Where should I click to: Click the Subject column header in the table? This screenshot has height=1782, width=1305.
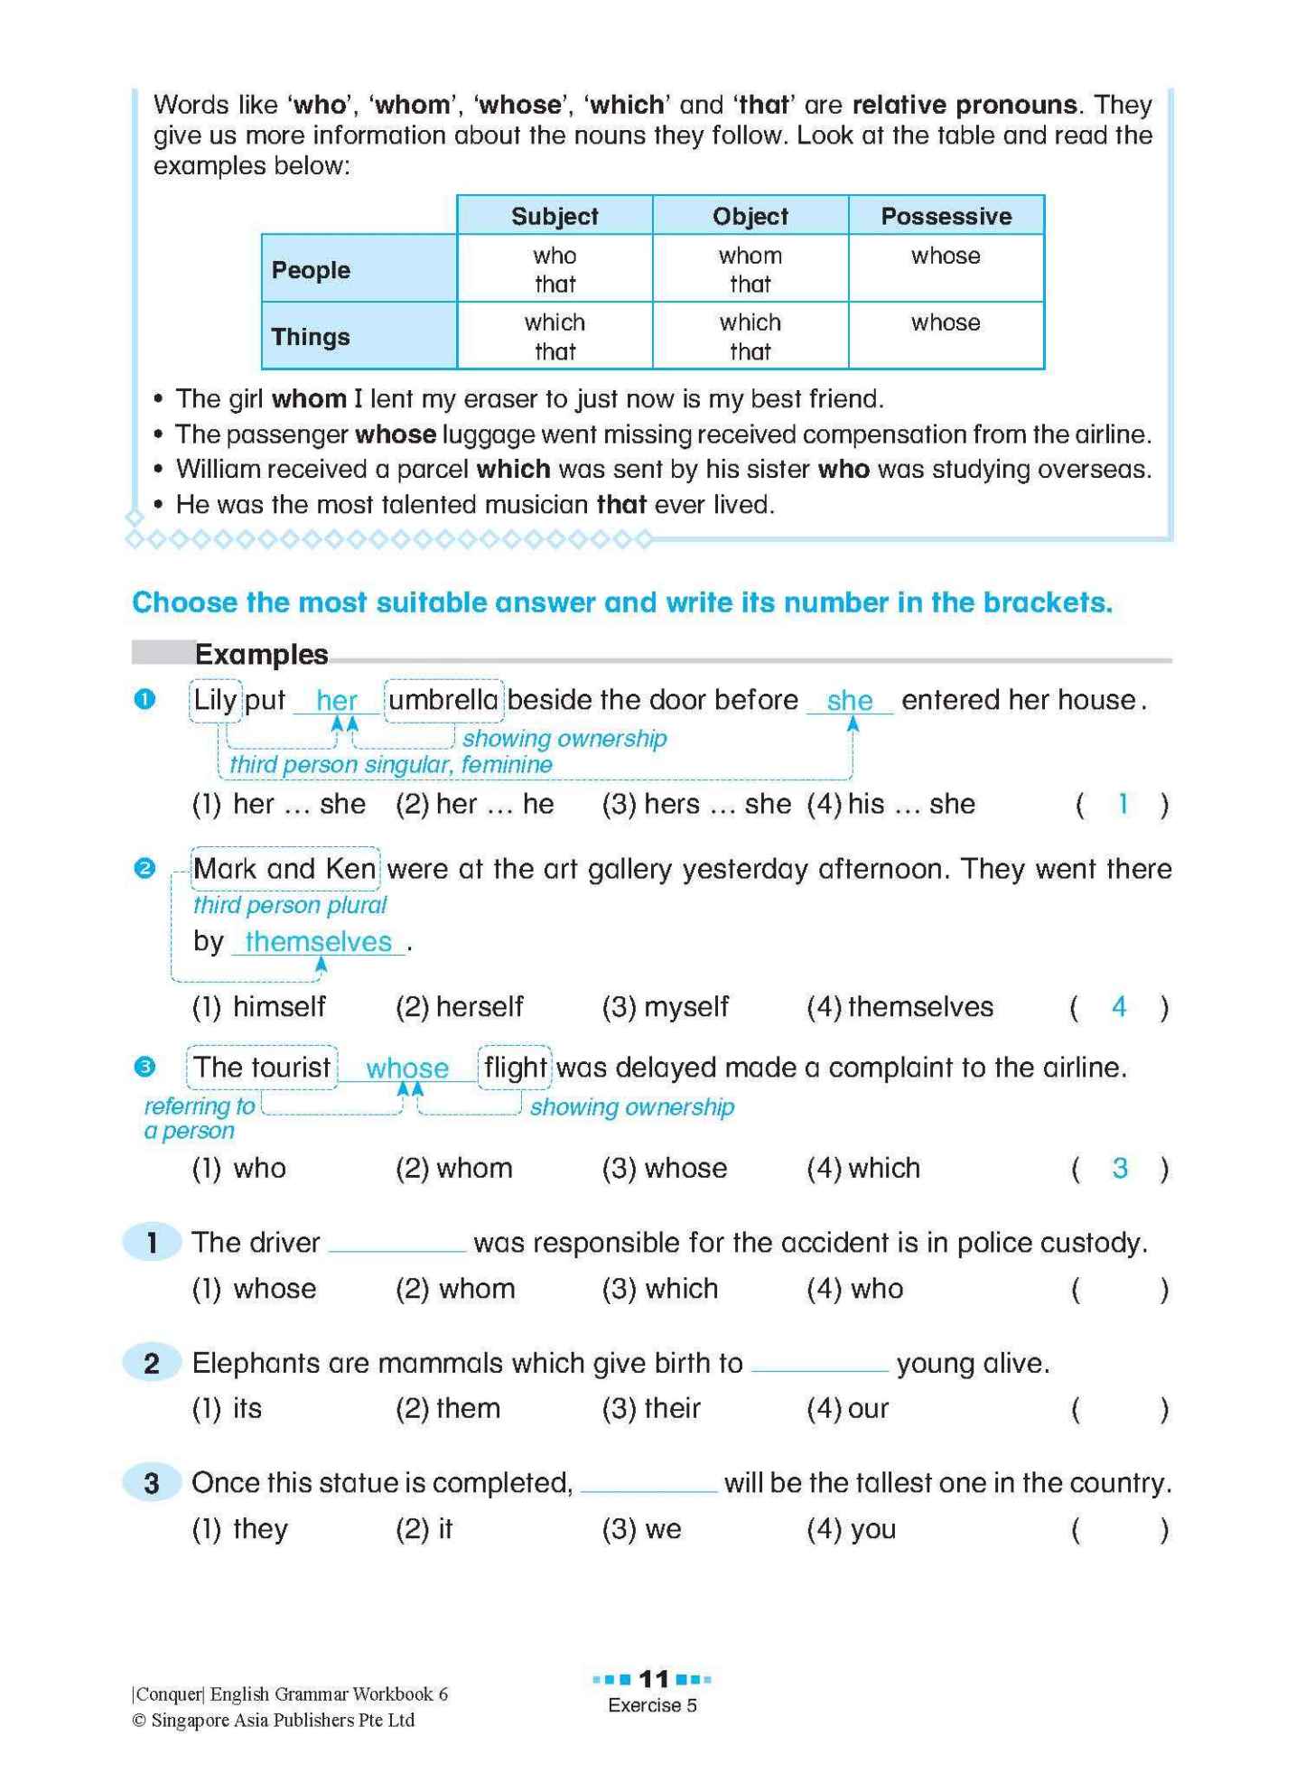[x=555, y=216]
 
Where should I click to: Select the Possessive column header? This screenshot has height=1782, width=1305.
[x=946, y=216]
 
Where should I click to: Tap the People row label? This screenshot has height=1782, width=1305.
[x=311, y=270]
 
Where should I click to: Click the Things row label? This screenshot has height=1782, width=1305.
[x=311, y=337]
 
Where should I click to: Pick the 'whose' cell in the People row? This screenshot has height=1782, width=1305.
[x=946, y=257]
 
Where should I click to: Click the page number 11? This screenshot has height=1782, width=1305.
[x=653, y=1679]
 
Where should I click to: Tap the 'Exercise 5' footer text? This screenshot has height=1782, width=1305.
[x=652, y=1705]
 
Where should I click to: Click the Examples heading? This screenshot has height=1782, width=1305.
[x=261, y=654]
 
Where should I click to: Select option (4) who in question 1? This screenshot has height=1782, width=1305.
[x=855, y=1289]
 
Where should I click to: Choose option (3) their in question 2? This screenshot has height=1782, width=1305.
[x=652, y=1408]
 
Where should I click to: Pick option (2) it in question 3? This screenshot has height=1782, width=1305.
[x=424, y=1529]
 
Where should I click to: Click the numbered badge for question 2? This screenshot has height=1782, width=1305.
[x=152, y=1363]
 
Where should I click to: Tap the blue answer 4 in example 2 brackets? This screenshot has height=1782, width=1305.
[x=1119, y=1006]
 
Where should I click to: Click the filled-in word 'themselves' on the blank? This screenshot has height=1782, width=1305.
[x=318, y=941]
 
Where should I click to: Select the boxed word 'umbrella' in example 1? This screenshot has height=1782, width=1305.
[x=443, y=700]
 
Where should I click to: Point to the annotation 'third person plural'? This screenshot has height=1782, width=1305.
[x=289, y=905]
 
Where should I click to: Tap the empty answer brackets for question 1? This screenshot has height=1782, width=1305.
[x=1119, y=1290]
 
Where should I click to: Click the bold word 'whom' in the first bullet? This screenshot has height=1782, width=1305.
[x=309, y=398]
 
